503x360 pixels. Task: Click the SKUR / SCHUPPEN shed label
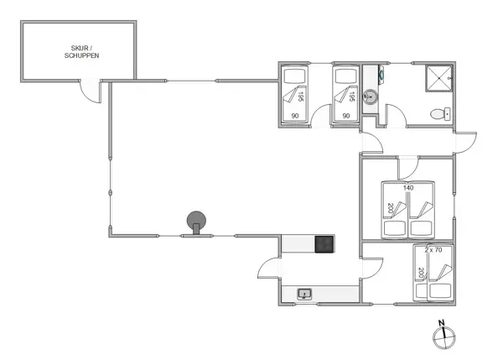(x=81, y=52)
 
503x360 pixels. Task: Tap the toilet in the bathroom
(x=438, y=114)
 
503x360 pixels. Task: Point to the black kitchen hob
(x=324, y=244)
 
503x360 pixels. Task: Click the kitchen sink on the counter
(x=304, y=293)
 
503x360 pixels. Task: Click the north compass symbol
(x=443, y=337)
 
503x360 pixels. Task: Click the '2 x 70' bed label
(x=433, y=250)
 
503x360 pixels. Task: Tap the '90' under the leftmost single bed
(x=295, y=116)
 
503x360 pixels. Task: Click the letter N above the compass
(x=442, y=323)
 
